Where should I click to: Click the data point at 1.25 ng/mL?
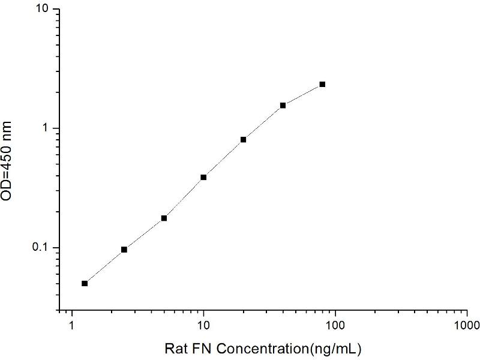[85, 283]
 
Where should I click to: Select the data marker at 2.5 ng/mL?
[124, 250]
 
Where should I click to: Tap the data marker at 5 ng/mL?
[164, 218]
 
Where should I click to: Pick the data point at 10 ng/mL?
[203, 177]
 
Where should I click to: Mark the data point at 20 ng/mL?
[244, 140]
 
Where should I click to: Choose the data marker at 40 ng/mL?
[283, 106]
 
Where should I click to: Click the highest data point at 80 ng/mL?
[322, 84]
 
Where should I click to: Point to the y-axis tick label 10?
[43, 9]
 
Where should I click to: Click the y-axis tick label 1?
[46, 128]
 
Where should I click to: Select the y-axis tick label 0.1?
[41, 247]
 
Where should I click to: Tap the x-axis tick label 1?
[72, 325]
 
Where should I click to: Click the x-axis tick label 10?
[203, 325]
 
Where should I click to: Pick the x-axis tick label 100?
[335, 325]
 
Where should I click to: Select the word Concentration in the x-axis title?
[263, 349]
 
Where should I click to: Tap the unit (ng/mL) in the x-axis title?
[336, 349]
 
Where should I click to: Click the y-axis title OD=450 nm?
[6, 161]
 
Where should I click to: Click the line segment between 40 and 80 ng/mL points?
[302, 95]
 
